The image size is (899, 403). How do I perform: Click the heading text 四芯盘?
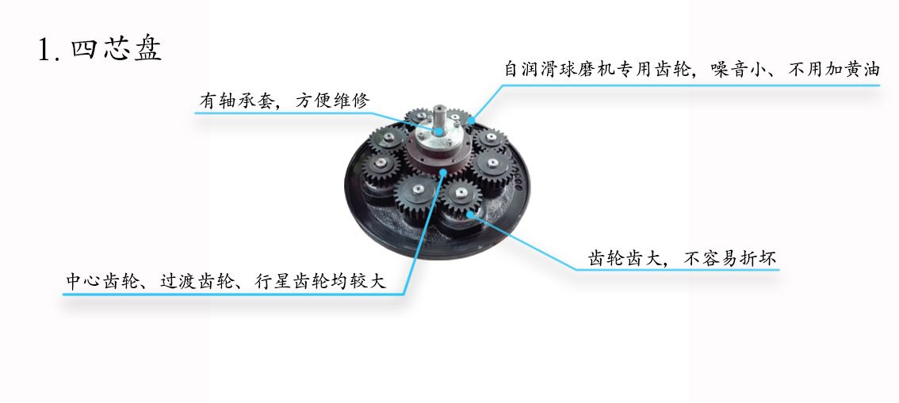pyautogui.click(x=117, y=49)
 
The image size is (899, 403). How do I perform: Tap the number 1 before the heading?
pyautogui.click(x=44, y=50)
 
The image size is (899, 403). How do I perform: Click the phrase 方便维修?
pyautogui.click(x=333, y=101)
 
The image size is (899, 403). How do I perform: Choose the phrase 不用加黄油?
pyautogui.click(x=833, y=69)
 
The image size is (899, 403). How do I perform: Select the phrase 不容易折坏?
pyautogui.click(x=730, y=259)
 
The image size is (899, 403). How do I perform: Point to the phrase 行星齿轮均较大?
pyautogui.click(x=319, y=282)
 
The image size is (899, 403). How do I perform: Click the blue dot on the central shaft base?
pyautogui.click(x=439, y=131)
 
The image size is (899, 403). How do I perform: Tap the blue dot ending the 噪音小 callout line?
pyautogui.click(x=470, y=120)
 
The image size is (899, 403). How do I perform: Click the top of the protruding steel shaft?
pyautogui.click(x=440, y=108)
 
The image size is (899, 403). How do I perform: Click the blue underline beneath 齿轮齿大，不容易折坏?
pyautogui.click(x=677, y=270)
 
